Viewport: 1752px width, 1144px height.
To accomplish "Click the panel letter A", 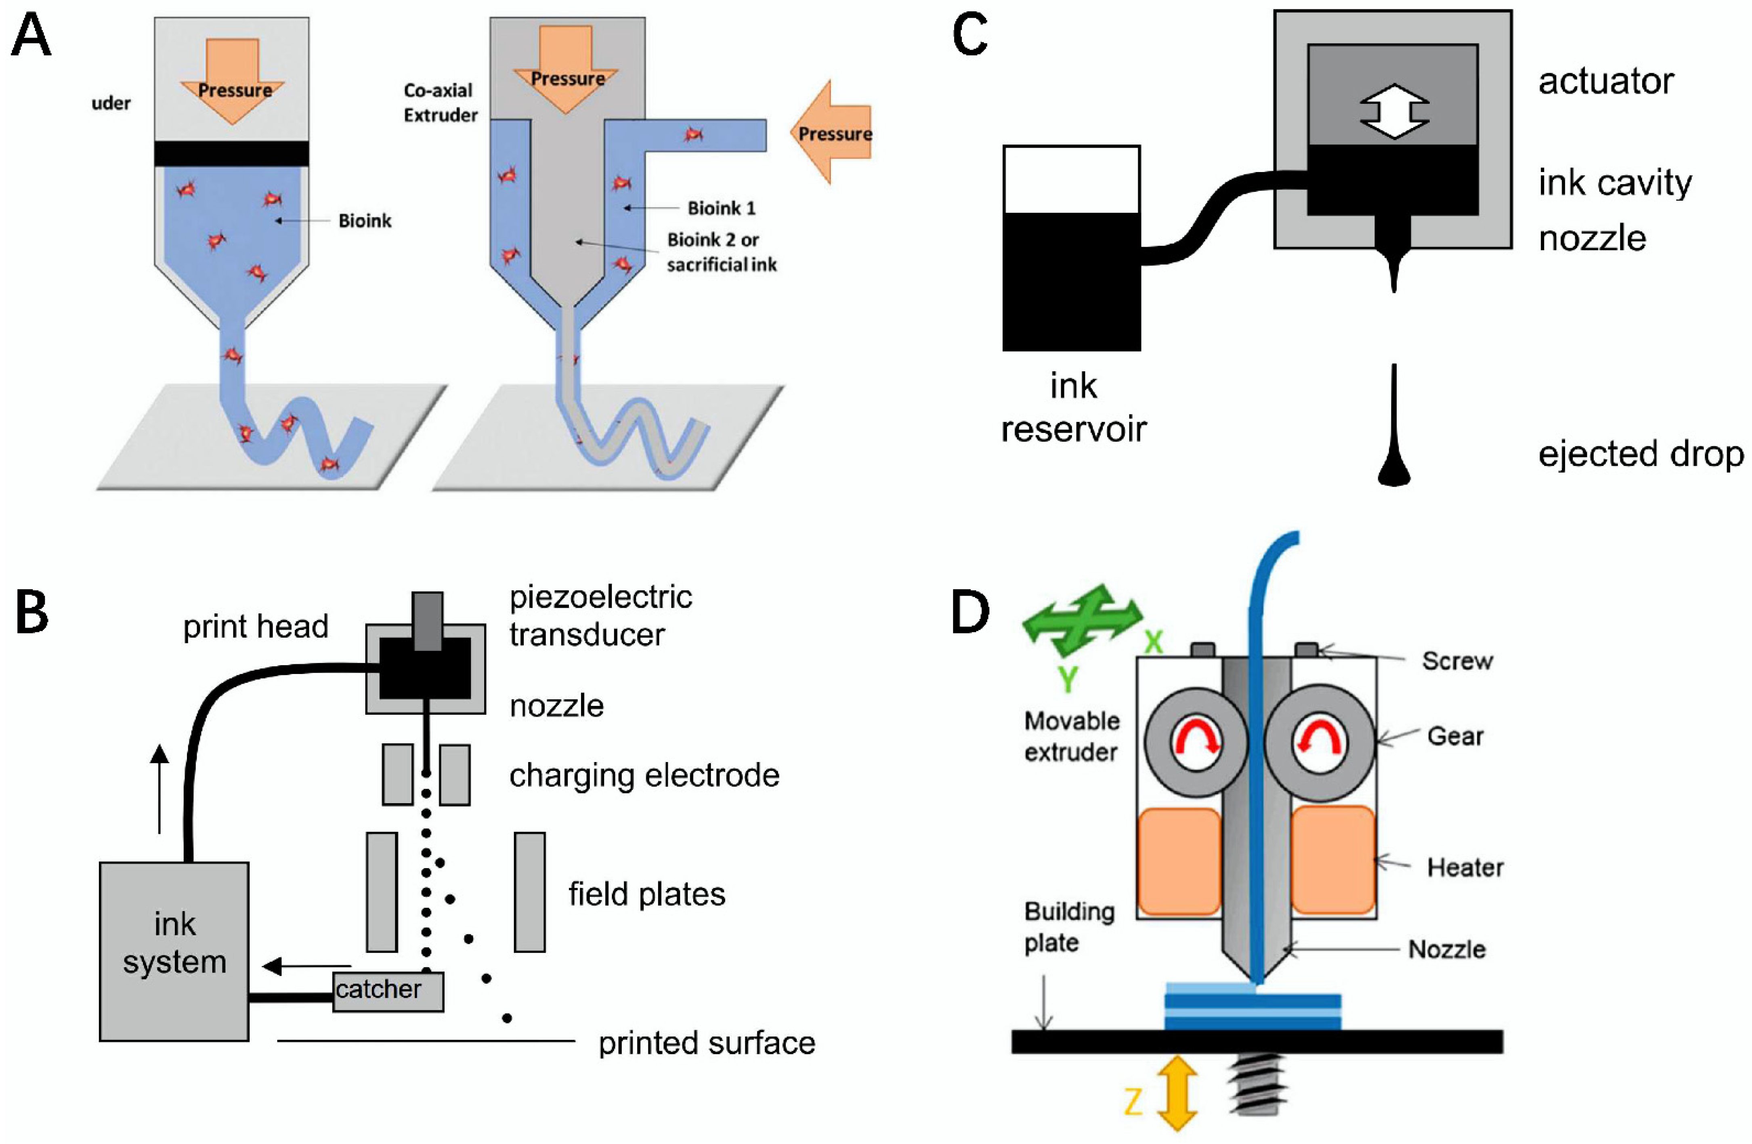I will click(x=31, y=37).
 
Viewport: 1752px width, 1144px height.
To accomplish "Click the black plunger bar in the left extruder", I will click(x=231, y=153).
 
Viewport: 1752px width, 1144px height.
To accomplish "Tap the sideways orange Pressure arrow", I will click(x=832, y=132).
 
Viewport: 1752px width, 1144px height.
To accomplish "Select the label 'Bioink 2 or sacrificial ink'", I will click(x=722, y=252).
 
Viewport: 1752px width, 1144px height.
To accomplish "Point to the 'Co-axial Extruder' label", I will click(x=440, y=102).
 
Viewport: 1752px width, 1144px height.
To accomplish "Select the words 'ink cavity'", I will click(x=1614, y=182).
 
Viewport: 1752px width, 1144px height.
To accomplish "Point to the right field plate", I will click(x=529, y=892).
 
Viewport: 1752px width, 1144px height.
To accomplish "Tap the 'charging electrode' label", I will click(x=644, y=775).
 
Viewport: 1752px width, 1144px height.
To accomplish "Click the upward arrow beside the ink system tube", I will click(x=159, y=788).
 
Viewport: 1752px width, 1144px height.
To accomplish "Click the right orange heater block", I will click(x=1332, y=860).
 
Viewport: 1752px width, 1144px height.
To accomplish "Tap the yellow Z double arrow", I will click(x=1176, y=1092).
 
